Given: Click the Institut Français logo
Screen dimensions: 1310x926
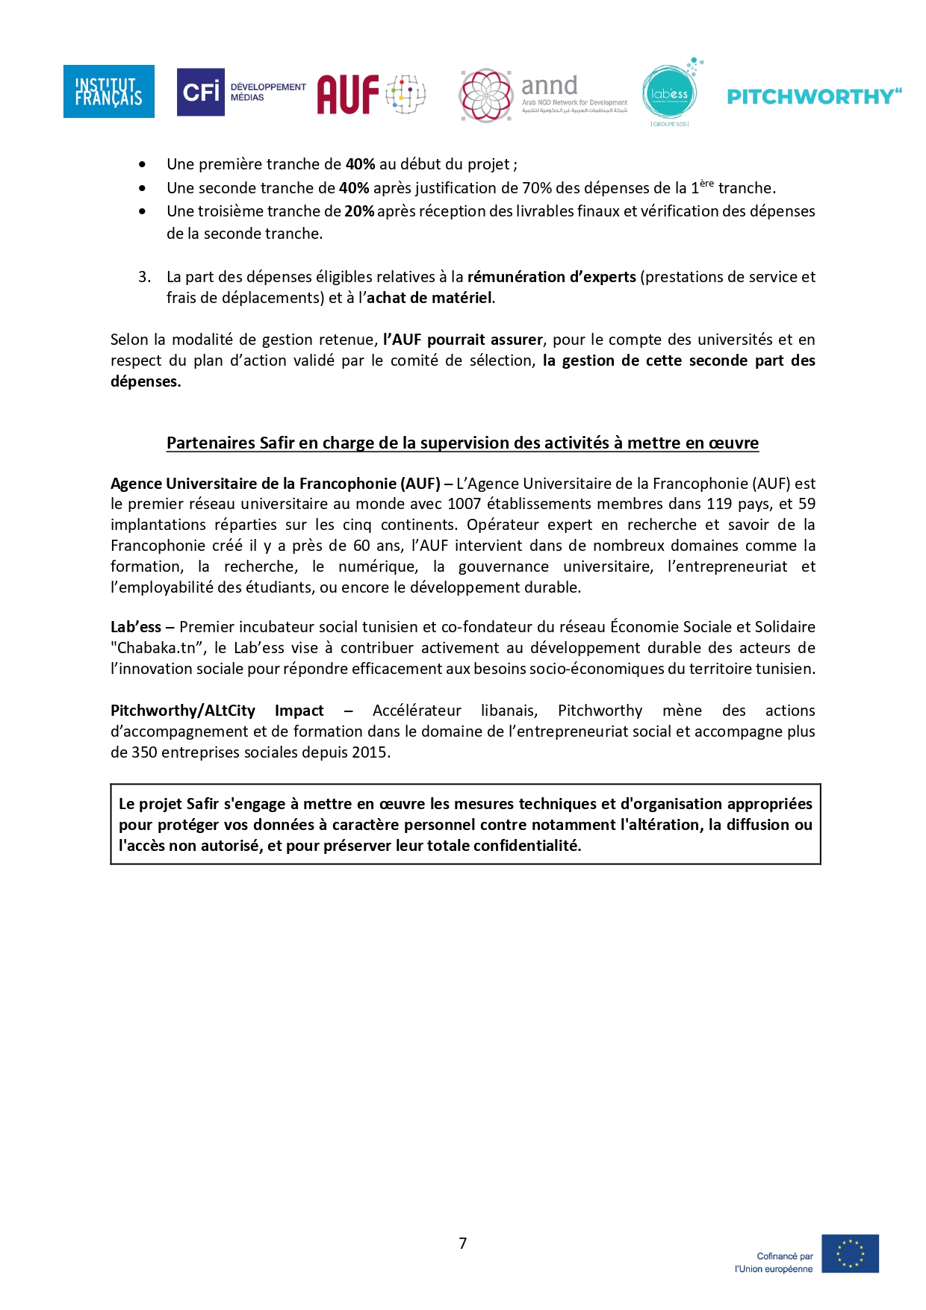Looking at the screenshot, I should point(108,91).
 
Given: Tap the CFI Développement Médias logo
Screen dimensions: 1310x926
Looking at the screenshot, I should point(240,92).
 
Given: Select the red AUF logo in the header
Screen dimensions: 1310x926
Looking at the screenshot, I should point(349,95).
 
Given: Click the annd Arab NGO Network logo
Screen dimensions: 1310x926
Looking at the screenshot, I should point(544,96).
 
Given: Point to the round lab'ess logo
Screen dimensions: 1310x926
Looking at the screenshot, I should point(669,93).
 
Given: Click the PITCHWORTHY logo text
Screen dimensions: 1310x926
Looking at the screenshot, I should point(814,96).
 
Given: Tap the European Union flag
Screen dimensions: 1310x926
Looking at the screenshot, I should point(850,1253).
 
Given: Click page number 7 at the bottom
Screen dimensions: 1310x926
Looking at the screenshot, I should point(463,1243).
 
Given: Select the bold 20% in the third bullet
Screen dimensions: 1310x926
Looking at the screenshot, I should point(359,211).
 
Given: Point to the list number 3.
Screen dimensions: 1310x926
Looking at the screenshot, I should point(144,277).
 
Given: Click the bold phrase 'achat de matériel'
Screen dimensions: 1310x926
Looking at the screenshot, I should point(429,298).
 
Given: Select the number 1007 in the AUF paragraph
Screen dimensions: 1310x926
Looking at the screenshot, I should point(464,504).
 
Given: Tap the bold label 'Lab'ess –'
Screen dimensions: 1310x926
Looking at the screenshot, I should point(142,627).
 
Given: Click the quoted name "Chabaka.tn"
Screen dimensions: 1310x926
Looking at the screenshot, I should point(158,648).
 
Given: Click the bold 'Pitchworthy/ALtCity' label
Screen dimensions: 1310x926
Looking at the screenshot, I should point(183,711).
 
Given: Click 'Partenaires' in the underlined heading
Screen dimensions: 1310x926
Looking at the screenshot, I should point(210,443).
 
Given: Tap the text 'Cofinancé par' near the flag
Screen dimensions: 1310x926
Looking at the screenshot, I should point(784,1256).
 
